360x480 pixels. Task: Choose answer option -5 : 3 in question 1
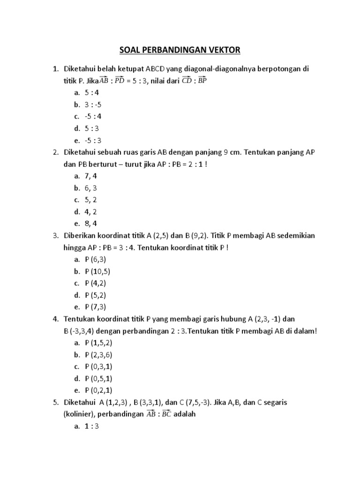point(93,140)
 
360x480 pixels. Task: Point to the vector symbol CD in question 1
point(187,80)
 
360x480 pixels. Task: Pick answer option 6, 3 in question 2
point(91,188)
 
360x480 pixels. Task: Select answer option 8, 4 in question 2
point(91,224)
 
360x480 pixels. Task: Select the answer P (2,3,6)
point(98,355)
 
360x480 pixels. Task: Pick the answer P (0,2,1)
point(98,390)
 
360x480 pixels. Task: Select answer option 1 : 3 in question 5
point(92,427)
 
